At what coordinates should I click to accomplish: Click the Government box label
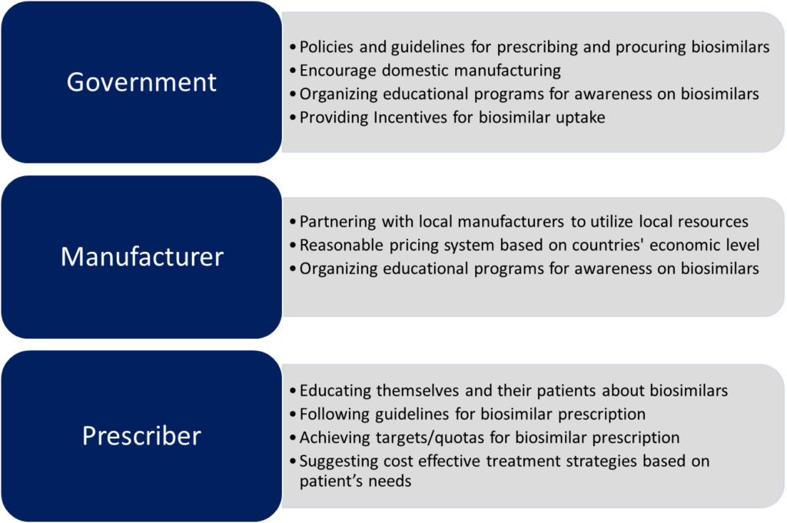pyautogui.click(x=141, y=82)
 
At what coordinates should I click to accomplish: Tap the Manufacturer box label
pyautogui.click(x=142, y=257)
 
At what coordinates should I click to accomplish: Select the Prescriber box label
pyautogui.click(x=141, y=435)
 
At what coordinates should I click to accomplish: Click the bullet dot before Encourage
pyautogui.click(x=293, y=71)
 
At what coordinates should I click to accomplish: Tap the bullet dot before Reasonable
pyautogui.click(x=293, y=246)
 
